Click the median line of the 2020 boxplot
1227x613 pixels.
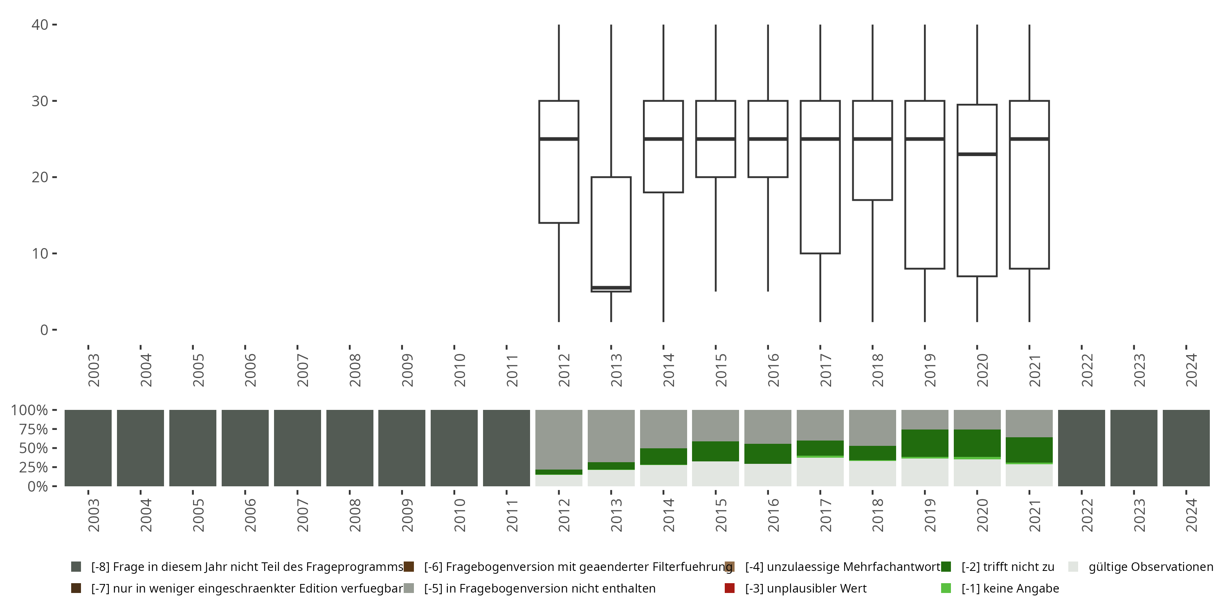[977, 154]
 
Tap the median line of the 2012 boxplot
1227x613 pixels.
[559, 139]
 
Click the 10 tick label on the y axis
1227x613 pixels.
[40, 254]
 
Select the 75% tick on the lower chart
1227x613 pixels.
[29, 429]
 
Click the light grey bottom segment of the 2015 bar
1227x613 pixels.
[715, 474]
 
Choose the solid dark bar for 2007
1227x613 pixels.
[297, 448]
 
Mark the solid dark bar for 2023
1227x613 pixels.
[1134, 448]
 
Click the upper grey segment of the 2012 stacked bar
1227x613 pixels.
[559, 439]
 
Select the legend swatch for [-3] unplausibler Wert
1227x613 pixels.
[729, 588]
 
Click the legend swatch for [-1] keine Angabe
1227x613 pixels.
[946, 588]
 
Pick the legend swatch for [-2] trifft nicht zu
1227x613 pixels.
[946, 567]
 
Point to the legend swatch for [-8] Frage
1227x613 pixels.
[76, 567]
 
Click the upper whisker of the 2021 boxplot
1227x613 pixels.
[1029, 62]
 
